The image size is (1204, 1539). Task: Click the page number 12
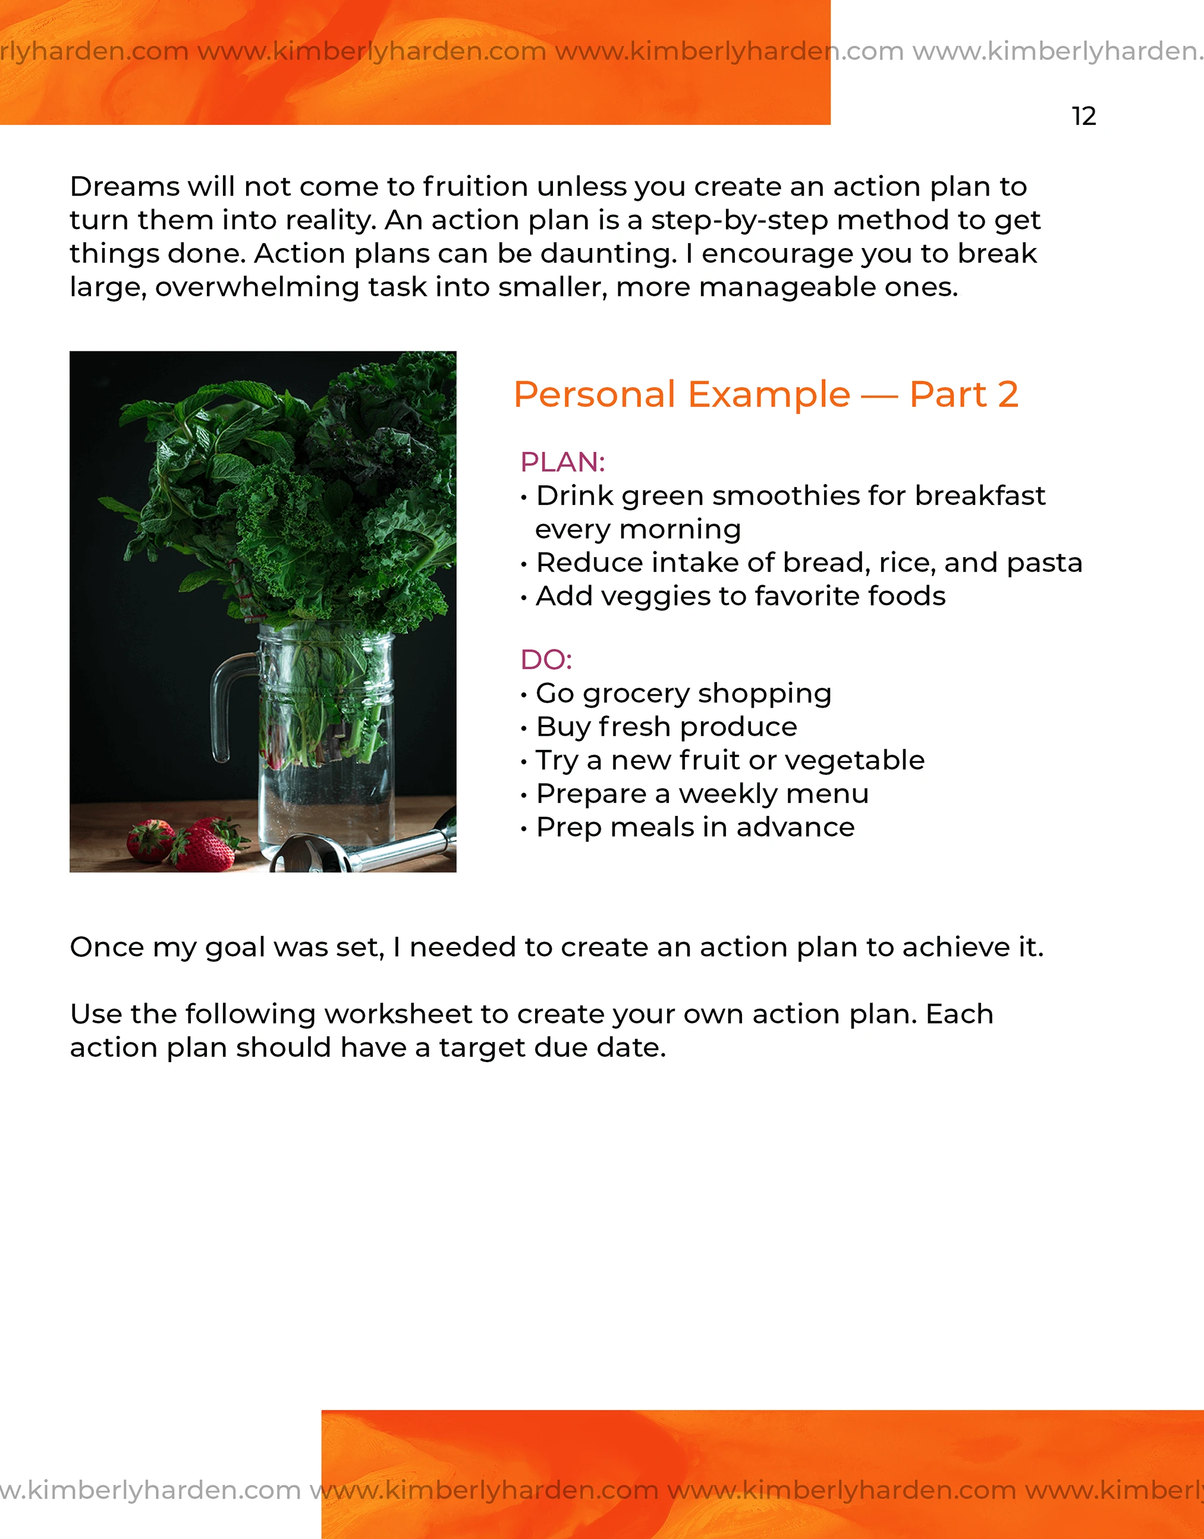pyautogui.click(x=1083, y=117)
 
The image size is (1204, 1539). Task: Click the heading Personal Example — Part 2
pyautogui.click(x=766, y=395)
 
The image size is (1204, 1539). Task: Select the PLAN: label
pyautogui.click(x=562, y=463)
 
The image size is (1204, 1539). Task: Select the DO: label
pyautogui.click(x=546, y=660)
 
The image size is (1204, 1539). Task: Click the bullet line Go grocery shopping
pyautogui.click(x=683, y=693)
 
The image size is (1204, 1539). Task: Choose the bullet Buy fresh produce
pyautogui.click(x=666, y=727)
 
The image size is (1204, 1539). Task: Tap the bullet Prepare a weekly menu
pyautogui.click(x=702, y=794)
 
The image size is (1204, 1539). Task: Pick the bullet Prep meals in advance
pyautogui.click(x=695, y=827)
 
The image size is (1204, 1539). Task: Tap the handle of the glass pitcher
pyautogui.click(x=224, y=705)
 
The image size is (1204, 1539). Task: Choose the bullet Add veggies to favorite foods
pyautogui.click(x=740, y=596)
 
